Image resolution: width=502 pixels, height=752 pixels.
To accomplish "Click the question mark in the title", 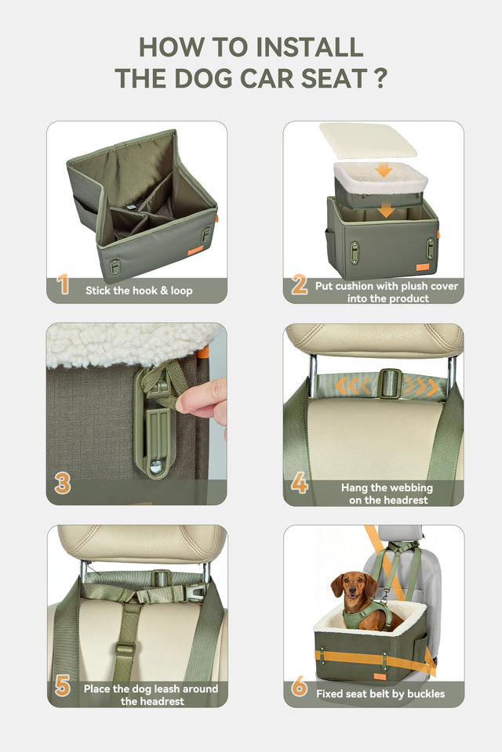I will tap(380, 78).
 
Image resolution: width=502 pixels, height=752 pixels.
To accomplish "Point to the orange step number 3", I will tap(63, 483).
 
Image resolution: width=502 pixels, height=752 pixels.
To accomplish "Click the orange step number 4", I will tap(299, 483).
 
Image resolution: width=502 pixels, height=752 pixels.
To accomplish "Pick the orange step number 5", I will tap(63, 686).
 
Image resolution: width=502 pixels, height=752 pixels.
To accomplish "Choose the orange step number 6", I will tap(299, 686).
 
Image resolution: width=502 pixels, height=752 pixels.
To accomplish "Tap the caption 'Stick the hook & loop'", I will tap(139, 291).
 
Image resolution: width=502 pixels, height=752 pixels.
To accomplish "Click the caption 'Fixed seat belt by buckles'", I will tap(380, 693).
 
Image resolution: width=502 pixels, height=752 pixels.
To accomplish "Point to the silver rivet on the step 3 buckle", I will tap(156, 465).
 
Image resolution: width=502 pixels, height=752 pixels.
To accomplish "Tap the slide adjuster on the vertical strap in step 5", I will tap(124, 650).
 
